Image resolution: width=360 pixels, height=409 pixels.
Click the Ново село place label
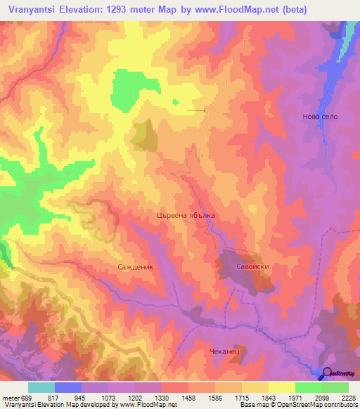320,116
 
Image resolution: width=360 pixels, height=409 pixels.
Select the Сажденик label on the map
135,268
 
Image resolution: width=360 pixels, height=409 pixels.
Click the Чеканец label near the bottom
225,351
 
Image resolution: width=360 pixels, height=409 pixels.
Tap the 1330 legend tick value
161,398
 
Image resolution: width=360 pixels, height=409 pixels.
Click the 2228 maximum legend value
348,398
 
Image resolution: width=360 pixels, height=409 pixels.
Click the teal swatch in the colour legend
41,387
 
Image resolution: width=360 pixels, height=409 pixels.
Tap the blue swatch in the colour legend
68,387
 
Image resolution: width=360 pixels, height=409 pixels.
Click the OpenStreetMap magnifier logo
326,373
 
